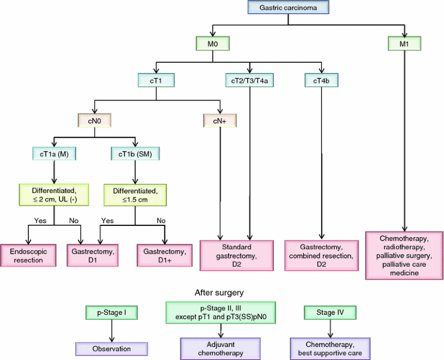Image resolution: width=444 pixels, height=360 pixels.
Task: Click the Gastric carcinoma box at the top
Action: pos(288,8)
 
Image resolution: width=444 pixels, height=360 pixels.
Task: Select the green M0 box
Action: pos(212,43)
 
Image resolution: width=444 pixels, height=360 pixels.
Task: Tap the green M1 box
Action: pos(404,43)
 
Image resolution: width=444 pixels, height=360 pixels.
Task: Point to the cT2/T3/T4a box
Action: pos(249,80)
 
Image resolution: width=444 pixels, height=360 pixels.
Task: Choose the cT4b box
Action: pos(321,80)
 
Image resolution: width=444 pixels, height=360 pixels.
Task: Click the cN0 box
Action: pos(94,120)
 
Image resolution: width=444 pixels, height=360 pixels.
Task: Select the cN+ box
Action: pos(219,120)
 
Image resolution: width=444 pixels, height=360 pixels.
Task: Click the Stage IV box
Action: pos(330,312)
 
